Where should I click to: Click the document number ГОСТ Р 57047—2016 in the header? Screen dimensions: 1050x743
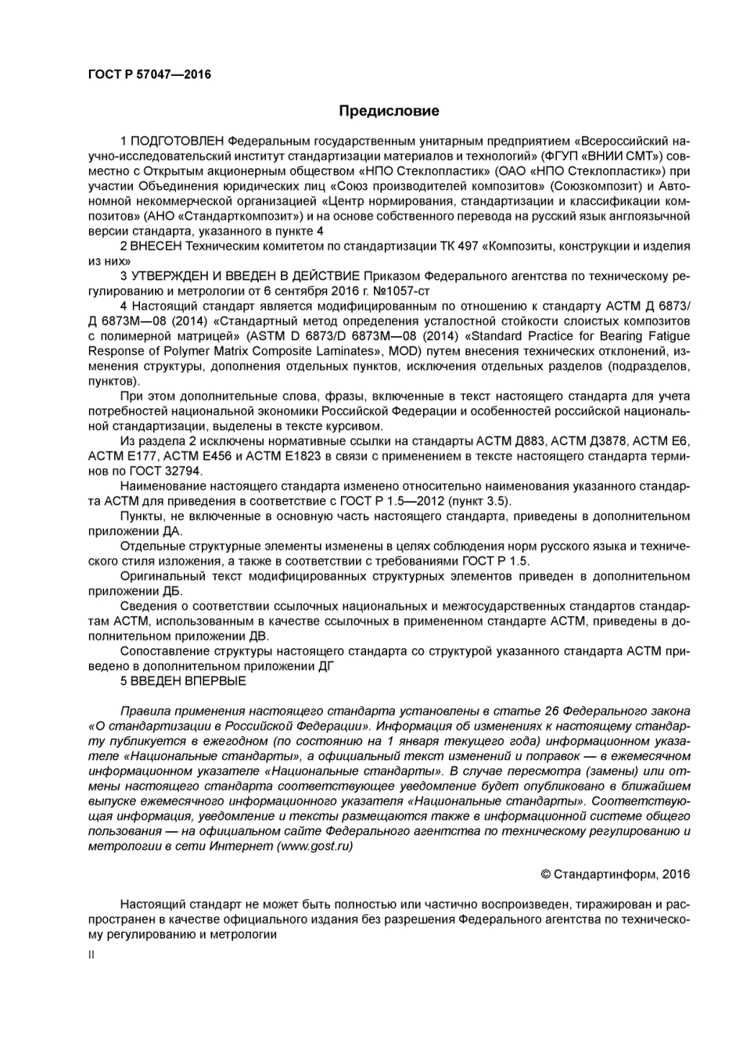pos(149,75)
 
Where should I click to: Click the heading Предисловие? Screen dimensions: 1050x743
pos(389,111)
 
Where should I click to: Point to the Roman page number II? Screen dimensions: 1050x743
pos(91,955)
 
